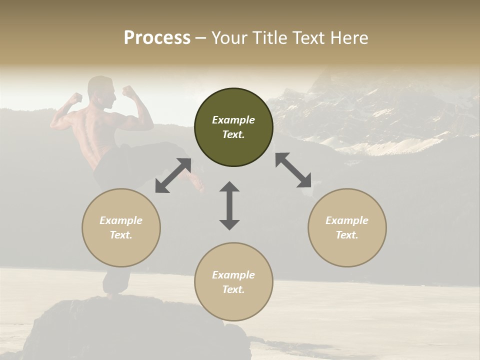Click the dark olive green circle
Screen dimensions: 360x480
click(x=233, y=127)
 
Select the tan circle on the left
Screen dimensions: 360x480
click(x=121, y=227)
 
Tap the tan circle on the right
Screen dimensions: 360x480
click(x=347, y=227)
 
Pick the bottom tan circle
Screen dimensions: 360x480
click(x=233, y=281)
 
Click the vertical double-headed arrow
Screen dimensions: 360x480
click(x=229, y=205)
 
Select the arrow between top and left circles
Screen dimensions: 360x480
click(x=173, y=175)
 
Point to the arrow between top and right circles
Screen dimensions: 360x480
click(x=293, y=170)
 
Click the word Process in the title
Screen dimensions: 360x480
click(x=157, y=37)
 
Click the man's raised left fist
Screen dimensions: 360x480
click(x=75, y=97)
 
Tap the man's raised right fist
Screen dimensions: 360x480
click(x=129, y=91)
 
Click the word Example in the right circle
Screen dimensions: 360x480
click(x=347, y=220)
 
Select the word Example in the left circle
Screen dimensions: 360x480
click(x=121, y=220)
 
